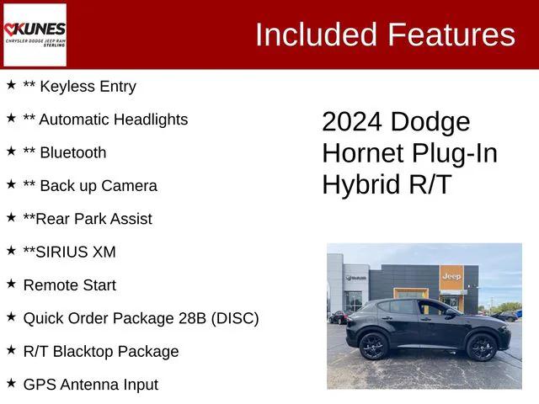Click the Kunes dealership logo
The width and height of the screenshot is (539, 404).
pos(35,35)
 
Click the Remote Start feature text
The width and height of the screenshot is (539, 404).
pos(70,285)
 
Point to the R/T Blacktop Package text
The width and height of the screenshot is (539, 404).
pos(101,351)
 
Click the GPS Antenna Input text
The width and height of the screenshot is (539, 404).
pos(91,385)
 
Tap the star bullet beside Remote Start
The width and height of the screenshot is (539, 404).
pos(11,284)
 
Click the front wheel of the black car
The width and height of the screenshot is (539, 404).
pos(482,346)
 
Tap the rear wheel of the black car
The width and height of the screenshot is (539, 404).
pos(373,345)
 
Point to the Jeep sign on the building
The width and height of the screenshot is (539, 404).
pos(451,275)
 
